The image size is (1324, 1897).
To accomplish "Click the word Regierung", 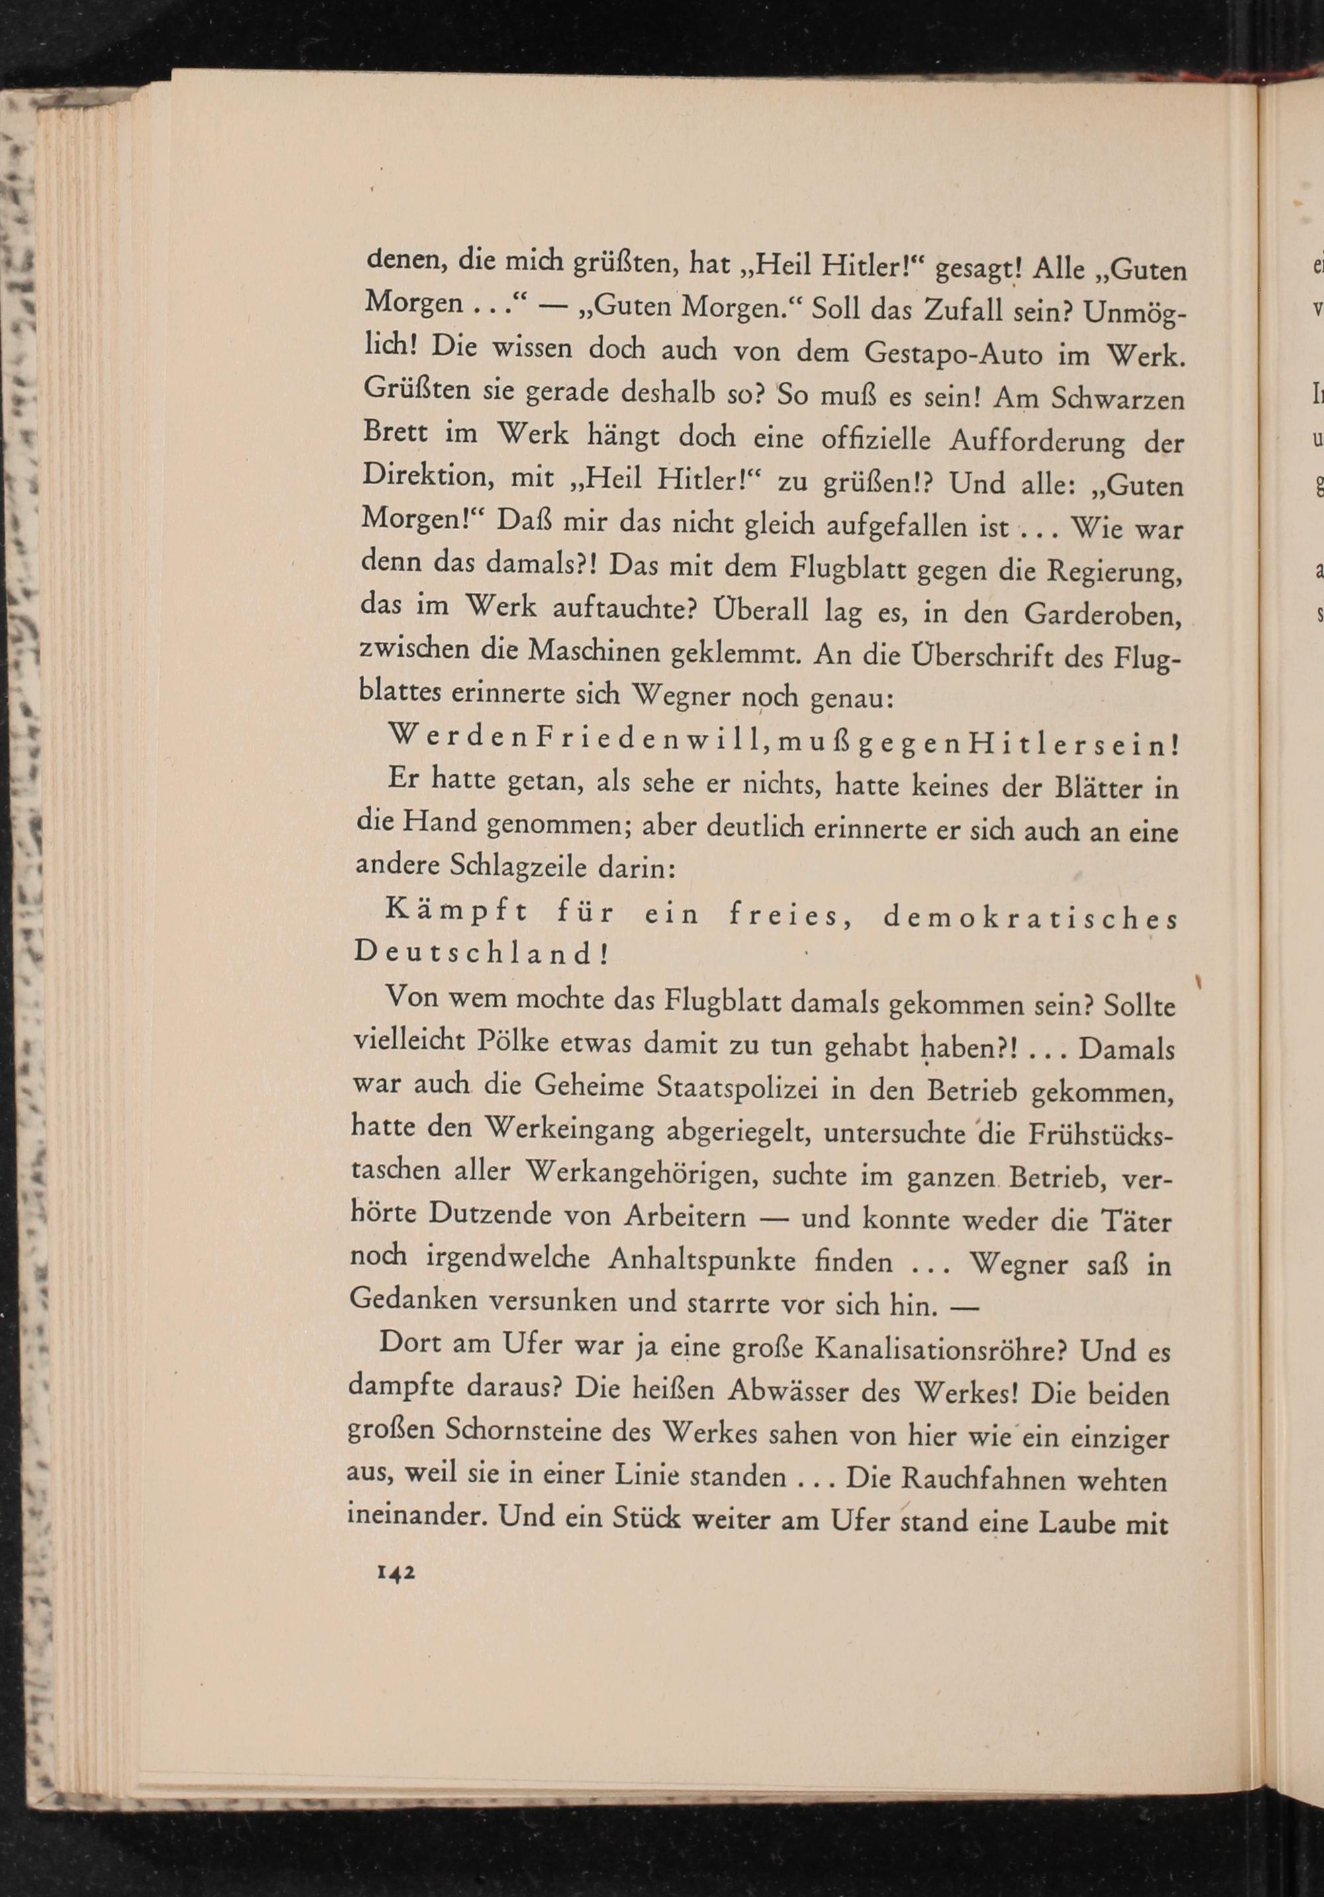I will point(1111,572).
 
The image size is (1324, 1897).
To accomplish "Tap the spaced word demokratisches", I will point(1030,919).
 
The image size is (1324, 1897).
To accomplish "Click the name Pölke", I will point(513,1042).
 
